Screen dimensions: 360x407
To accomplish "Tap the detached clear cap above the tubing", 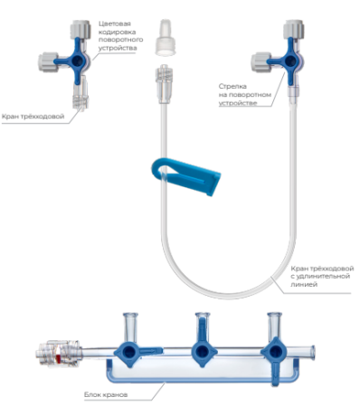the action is [x=166, y=38].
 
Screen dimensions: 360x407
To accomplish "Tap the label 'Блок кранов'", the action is [x=106, y=394].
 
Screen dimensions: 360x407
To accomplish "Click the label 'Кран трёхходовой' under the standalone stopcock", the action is [x=33, y=117].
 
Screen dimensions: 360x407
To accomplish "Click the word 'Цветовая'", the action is [x=115, y=24].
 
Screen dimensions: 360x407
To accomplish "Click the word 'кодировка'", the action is [x=117, y=32].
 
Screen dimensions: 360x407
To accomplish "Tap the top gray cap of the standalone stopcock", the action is [x=81, y=29].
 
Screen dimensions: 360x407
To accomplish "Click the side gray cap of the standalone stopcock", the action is [x=48, y=62].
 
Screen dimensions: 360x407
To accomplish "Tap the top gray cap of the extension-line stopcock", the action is [x=294, y=29].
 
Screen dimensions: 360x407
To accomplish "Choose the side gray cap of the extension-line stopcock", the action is [x=261, y=62].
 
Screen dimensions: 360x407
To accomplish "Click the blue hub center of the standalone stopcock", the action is [x=77, y=61].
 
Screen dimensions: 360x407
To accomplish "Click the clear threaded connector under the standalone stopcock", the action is [x=80, y=96].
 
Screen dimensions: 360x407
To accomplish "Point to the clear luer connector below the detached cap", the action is [x=164, y=83].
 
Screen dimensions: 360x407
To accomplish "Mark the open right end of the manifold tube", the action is [x=312, y=352].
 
